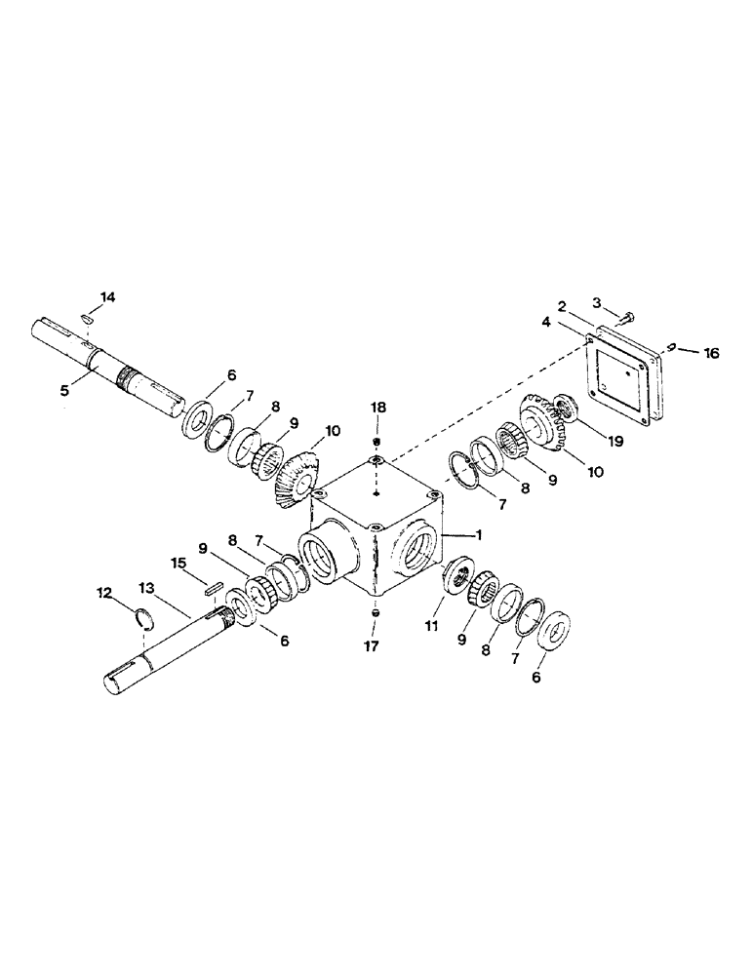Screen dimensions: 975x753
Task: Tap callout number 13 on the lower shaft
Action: [146, 589]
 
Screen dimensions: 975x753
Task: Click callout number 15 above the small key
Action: [178, 564]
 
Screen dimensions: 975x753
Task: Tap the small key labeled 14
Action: [87, 317]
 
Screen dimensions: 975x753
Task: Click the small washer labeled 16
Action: [674, 346]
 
